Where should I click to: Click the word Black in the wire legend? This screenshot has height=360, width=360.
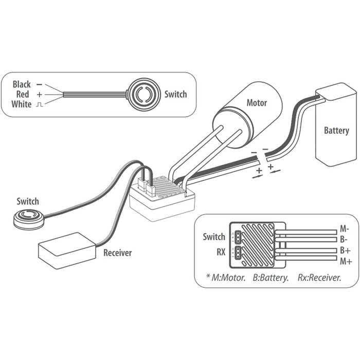(x=22, y=84)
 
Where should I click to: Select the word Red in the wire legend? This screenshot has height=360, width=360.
(x=23, y=95)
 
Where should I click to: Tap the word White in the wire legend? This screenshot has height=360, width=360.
(x=21, y=104)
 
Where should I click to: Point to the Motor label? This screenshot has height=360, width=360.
(x=257, y=103)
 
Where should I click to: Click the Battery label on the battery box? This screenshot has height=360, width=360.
(x=336, y=131)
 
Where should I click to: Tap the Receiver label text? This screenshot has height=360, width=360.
(x=118, y=253)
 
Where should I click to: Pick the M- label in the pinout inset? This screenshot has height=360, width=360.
(x=345, y=228)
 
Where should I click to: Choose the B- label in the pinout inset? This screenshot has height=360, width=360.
(x=344, y=240)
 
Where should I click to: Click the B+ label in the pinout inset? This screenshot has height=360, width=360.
(x=345, y=250)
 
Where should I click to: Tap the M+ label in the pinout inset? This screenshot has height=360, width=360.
(x=345, y=262)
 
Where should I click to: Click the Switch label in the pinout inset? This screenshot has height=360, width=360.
(x=214, y=237)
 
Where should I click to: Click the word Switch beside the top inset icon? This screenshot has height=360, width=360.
(x=175, y=94)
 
